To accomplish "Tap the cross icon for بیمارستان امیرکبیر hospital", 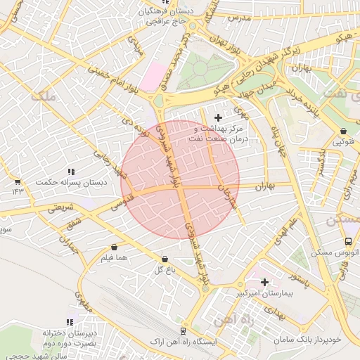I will [264, 281].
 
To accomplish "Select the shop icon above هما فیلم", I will [114, 247].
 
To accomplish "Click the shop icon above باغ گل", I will [165, 259].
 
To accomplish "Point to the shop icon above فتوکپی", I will [342, 131].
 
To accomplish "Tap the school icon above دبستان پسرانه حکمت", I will [71, 171].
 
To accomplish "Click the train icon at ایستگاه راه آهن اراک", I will [184, 330].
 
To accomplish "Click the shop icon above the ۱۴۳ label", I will [17, 181].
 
